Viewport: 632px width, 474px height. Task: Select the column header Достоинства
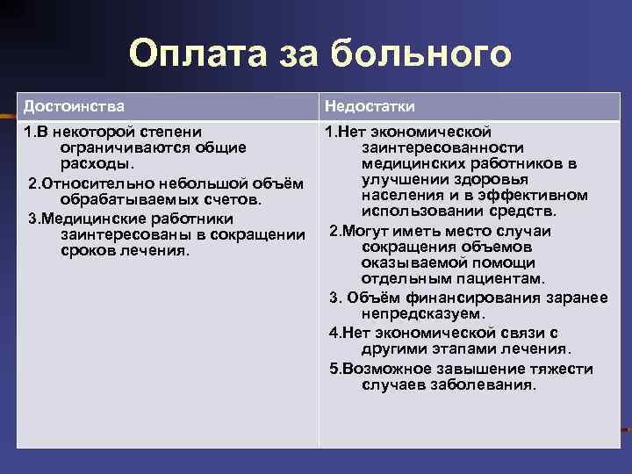pos(74,106)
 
